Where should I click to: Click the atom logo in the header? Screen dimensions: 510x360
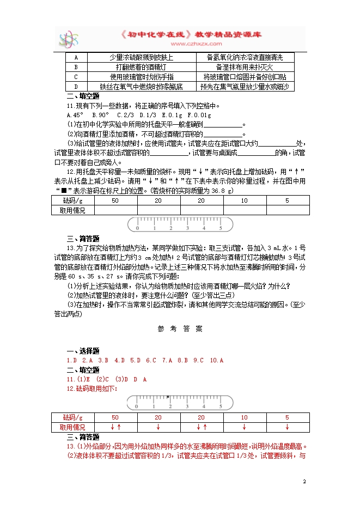point(70,38)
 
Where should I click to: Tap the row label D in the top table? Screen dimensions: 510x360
point(76,87)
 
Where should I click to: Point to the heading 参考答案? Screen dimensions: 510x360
point(180,329)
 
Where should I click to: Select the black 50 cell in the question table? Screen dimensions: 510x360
point(115,201)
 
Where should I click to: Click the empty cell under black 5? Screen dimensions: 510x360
point(287,210)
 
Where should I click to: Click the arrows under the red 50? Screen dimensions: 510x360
point(115,427)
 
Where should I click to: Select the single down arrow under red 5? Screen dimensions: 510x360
point(287,427)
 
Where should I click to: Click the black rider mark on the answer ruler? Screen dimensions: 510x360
point(167,397)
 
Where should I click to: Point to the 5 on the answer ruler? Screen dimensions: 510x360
point(221,406)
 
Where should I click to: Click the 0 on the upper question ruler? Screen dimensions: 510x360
point(138,228)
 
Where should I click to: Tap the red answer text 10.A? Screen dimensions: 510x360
point(217,361)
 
